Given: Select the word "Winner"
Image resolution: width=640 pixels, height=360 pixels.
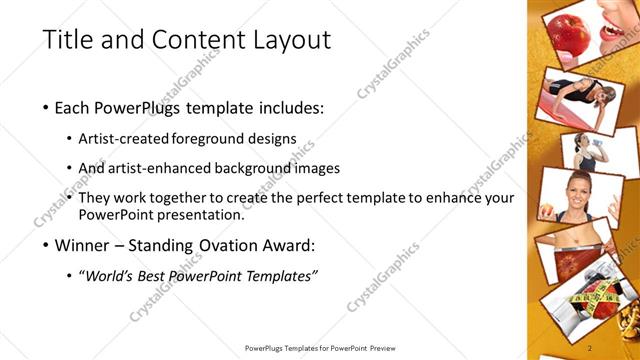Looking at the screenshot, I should click(82, 245).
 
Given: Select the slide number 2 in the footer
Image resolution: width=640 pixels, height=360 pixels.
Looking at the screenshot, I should click(591, 348).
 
